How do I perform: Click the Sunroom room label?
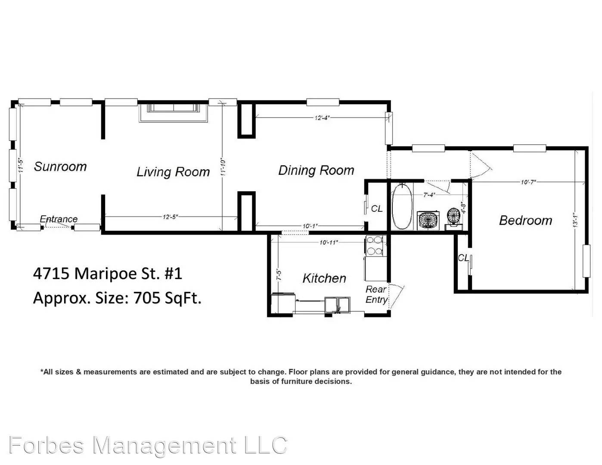coord(60,167)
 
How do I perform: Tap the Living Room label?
coord(173,172)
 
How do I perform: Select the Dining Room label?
coord(316,170)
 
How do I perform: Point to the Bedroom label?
coord(525,220)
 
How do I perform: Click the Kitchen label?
coord(324,278)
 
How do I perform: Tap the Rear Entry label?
coord(376,294)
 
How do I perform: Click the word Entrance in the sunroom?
coord(59,219)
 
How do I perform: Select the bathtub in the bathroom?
coord(402,207)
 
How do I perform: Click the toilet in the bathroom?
coord(453,217)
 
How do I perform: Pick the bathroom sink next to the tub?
coord(428,220)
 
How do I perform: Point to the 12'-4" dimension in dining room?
coord(322,118)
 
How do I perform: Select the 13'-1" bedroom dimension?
coord(576,221)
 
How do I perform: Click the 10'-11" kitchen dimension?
coord(329,242)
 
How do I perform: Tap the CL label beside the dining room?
coord(376,209)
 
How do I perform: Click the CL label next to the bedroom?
coord(463,258)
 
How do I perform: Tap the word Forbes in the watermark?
coord(47,445)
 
